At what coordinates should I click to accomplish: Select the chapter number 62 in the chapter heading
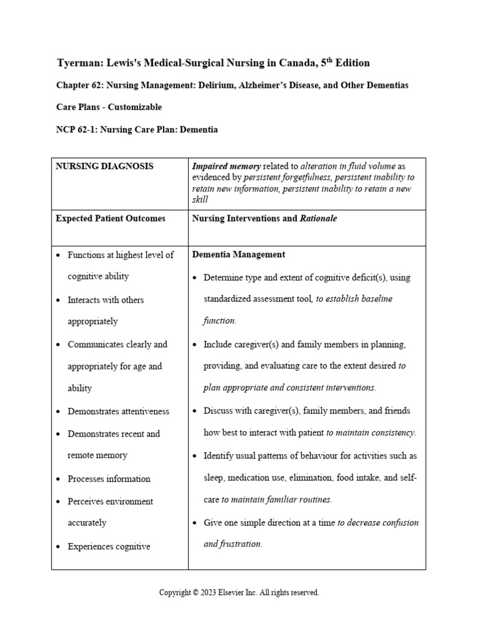coord(99,85)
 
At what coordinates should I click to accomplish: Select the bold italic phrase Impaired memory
coord(227,167)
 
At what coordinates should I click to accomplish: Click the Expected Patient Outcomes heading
coord(110,218)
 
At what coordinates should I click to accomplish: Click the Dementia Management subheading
coord(239,254)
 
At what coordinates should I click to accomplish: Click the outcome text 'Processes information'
coord(109,479)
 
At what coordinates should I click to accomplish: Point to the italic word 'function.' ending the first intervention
coord(220,321)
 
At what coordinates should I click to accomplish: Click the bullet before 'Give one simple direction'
coord(195,523)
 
